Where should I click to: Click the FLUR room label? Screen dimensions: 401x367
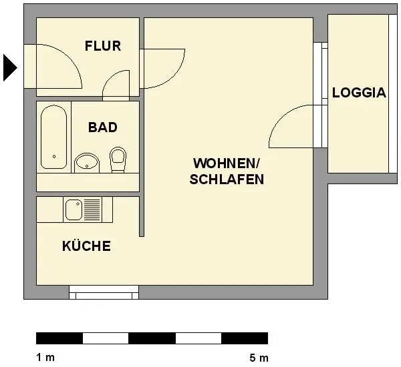[103, 46]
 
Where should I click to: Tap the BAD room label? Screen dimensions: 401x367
[103, 127]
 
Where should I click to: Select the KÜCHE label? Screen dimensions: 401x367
[86, 246]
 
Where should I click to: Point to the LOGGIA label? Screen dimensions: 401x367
[359, 93]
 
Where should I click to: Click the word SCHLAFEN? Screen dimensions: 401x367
[227, 179]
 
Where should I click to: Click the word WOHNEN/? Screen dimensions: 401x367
[227, 163]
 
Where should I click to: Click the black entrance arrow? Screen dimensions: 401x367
[10, 67]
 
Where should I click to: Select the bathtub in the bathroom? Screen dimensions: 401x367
[53, 137]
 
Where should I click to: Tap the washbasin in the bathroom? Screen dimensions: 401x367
[87, 163]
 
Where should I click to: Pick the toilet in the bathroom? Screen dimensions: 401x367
[118, 159]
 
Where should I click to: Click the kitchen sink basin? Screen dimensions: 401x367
[74, 210]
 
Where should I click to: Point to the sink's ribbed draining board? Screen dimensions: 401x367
[92, 210]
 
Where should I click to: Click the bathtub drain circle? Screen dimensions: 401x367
[54, 156]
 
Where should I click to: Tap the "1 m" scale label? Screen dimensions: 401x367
[45, 357]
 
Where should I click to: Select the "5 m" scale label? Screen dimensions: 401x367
[259, 358]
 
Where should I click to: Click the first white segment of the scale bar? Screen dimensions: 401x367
[106, 338]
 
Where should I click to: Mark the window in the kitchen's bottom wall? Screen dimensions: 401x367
[104, 292]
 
